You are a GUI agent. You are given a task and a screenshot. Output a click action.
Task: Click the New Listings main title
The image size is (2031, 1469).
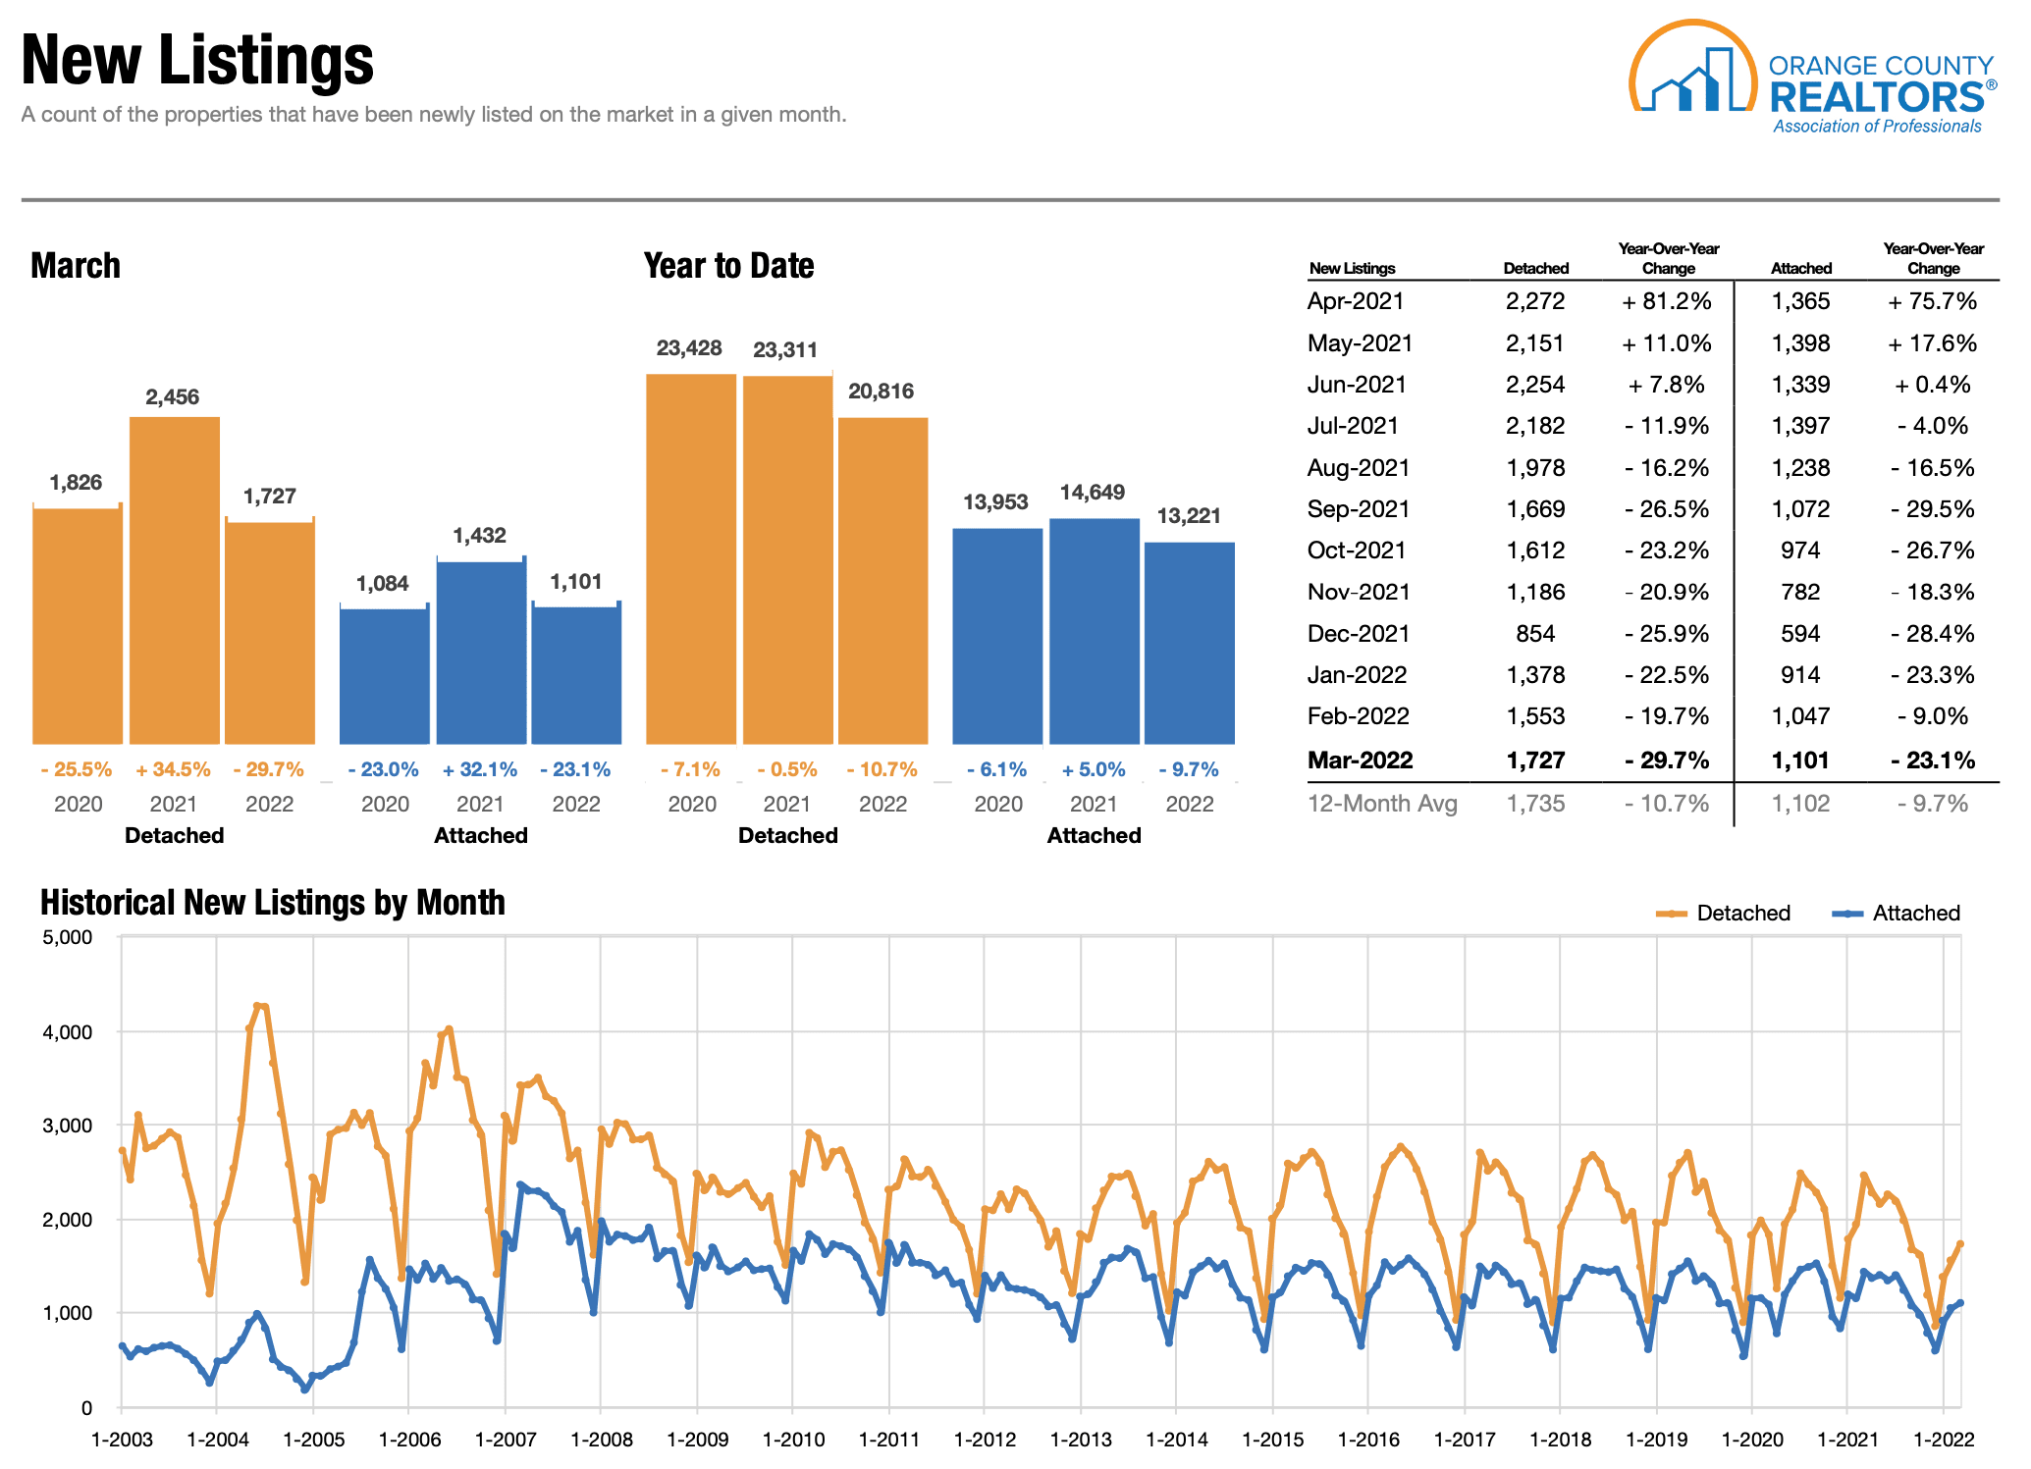[197, 60]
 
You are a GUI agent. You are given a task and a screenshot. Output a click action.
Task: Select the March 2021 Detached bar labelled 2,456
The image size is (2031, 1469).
[175, 580]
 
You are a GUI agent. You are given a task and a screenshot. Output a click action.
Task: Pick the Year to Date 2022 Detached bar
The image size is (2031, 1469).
[882, 580]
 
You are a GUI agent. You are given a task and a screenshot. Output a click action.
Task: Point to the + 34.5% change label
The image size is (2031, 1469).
[173, 769]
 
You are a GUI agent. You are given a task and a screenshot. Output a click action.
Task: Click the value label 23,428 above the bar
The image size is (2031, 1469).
[689, 348]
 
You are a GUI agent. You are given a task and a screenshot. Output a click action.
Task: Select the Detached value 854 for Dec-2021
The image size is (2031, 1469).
[1535, 634]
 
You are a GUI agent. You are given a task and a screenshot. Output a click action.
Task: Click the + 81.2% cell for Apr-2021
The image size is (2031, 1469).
[1667, 301]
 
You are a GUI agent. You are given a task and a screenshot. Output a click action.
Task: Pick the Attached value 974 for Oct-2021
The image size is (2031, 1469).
[1800, 551]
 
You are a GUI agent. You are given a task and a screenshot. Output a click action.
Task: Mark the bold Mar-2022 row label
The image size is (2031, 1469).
[1360, 761]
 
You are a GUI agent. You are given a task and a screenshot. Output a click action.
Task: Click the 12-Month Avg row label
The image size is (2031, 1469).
[1382, 804]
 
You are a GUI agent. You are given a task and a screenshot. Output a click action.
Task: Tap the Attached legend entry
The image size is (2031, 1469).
[1897, 913]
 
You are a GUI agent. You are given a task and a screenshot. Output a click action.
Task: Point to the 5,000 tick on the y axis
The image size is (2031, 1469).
[68, 937]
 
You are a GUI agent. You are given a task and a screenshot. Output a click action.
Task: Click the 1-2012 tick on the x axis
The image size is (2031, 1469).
[985, 1440]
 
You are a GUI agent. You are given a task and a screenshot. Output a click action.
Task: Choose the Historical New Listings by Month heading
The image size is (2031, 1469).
[272, 902]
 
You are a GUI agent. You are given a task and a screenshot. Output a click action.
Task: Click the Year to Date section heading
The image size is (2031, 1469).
[728, 266]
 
